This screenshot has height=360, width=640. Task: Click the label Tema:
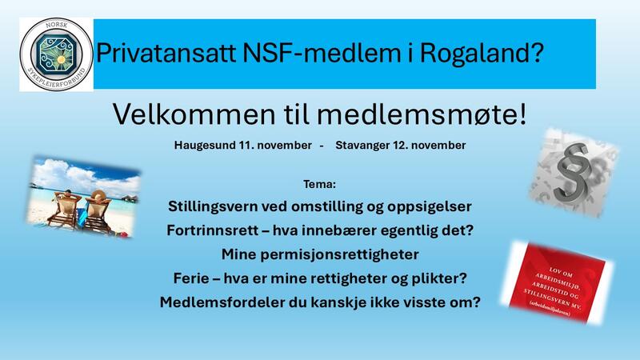320,183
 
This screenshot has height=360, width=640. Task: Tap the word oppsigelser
430,206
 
